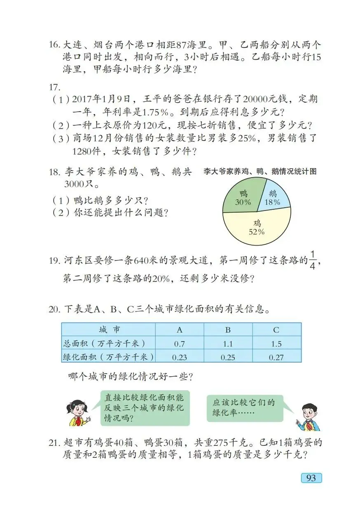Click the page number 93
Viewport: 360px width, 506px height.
point(311,478)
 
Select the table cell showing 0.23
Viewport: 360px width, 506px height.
point(179,357)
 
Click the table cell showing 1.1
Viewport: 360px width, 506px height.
point(228,343)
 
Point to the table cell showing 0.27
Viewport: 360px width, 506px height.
point(276,357)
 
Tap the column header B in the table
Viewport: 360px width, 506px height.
point(228,330)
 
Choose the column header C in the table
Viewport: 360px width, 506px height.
point(276,330)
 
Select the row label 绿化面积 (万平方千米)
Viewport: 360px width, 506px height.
point(108,357)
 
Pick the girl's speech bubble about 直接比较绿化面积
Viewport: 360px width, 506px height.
point(145,408)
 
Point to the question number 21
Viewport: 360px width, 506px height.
point(54,443)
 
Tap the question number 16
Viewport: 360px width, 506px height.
point(54,45)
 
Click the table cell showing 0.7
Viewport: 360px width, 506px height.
point(179,343)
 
